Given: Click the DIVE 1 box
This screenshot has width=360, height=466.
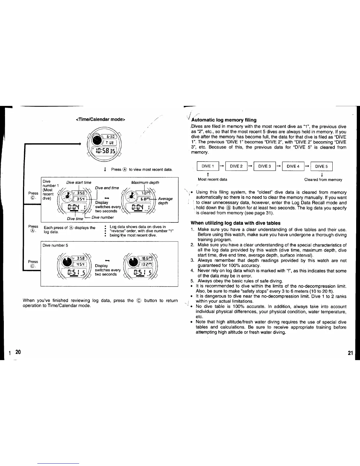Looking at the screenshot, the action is click(208, 167).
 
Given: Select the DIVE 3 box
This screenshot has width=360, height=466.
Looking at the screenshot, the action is click(264, 167).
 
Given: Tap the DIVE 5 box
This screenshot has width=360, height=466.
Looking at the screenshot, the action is click(321, 167).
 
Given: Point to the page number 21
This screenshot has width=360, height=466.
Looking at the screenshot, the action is click(350, 353).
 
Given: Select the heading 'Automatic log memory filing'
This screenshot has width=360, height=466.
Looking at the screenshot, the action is click(224, 120).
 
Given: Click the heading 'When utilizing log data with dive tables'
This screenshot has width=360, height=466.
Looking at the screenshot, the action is click(235, 223).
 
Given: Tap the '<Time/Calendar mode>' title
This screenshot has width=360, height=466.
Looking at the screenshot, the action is click(101, 119).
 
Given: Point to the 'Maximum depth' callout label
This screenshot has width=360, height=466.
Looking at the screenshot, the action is click(145, 182).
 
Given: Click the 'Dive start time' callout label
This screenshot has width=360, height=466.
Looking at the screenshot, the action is click(79, 182).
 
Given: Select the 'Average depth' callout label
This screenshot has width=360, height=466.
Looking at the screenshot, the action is click(165, 201).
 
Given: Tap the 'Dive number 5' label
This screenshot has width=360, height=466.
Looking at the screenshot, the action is click(55, 245).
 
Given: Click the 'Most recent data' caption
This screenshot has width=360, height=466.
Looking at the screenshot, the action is click(212, 179).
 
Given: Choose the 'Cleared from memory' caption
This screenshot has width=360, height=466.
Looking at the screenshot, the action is click(323, 179).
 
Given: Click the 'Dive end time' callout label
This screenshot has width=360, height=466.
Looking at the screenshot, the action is click(107, 188).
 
